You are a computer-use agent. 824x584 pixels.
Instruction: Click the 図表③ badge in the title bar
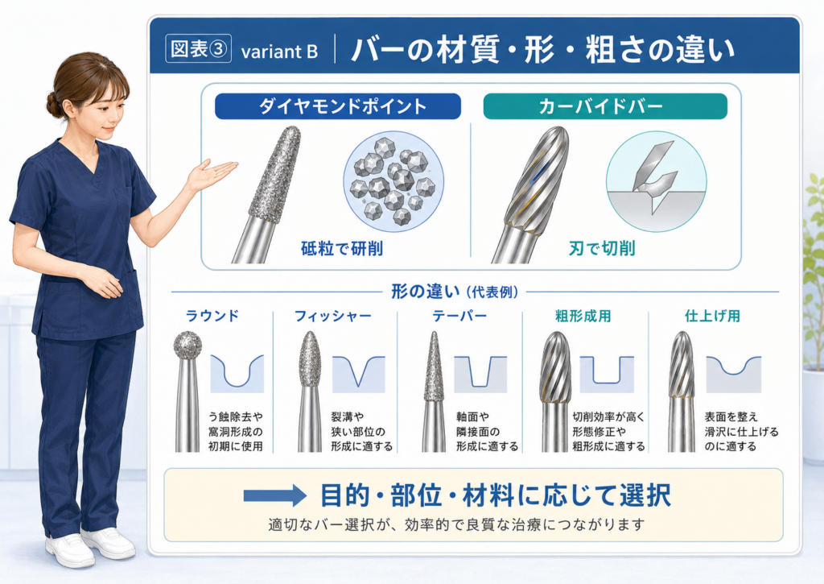(x=198, y=49)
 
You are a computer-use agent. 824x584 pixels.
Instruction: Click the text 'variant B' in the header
(x=279, y=52)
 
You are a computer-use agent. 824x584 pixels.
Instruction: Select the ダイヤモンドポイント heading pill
(x=338, y=106)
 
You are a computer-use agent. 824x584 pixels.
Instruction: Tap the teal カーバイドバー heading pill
(x=605, y=106)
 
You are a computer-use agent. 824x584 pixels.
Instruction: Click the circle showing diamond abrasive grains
(x=393, y=182)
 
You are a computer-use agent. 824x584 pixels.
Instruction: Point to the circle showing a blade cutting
(x=657, y=182)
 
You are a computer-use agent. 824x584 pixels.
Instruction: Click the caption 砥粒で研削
(x=342, y=248)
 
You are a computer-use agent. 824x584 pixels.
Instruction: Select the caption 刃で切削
(x=602, y=248)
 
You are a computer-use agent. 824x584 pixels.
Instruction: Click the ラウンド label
(x=212, y=316)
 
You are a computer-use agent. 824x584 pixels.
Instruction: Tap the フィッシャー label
(x=332, y=316)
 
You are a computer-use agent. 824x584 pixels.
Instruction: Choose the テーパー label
(x=459, y=316)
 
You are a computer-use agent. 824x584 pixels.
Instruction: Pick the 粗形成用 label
(x=583, y=316)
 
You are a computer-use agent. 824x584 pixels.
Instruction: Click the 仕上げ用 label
(x=713, y=316)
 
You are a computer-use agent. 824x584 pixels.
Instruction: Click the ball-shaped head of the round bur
(x=187, y=346)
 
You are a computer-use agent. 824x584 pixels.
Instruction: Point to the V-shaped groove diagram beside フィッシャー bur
(x=358, y=374)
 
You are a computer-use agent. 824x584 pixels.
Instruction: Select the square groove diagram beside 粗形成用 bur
(x=607, y=374)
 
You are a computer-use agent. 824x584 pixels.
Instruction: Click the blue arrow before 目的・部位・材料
(x=275, y=495)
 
